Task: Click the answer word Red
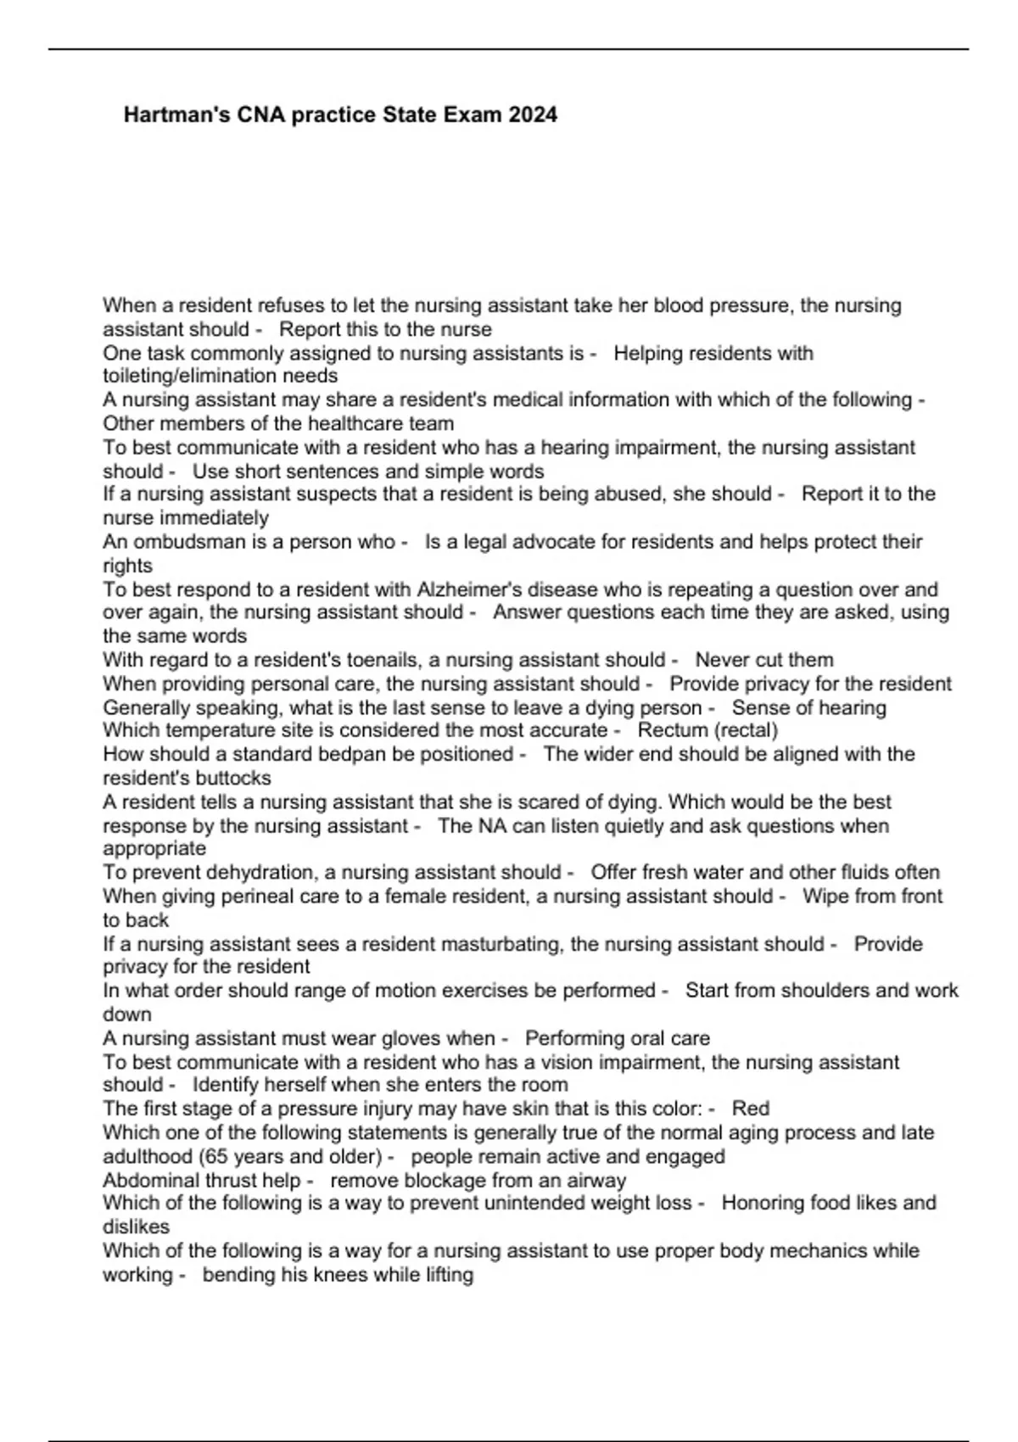[750, 1109]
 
